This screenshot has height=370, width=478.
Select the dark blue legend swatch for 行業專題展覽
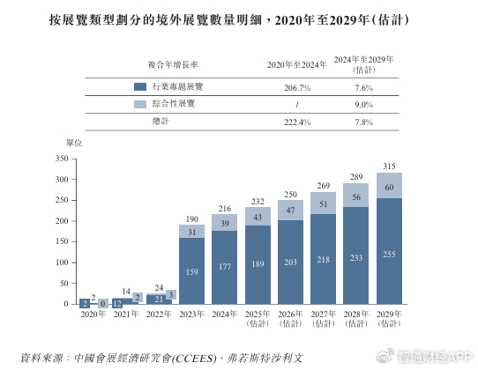click(139, 87)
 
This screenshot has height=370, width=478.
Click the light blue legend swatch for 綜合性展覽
click(139, 104)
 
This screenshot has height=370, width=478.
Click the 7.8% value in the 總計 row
click(363, 122)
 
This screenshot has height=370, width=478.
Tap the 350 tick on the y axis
click(61, 159)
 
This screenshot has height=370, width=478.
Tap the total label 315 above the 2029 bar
click(389, 166)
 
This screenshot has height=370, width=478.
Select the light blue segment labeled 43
click(258, 217)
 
